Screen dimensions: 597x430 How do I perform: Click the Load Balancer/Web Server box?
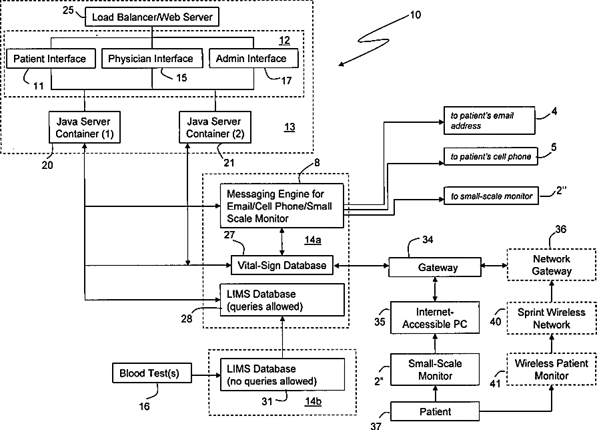152,17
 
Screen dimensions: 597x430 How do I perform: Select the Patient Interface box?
51,58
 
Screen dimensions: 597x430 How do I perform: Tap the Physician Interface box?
152,58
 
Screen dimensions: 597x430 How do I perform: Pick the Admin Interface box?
253,58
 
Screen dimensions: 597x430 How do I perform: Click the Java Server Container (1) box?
85,128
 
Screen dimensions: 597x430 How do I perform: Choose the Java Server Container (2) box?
215,128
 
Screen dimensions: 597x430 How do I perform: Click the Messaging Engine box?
282,206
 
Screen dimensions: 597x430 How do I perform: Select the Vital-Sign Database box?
282,265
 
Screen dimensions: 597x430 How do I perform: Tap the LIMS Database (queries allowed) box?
282,300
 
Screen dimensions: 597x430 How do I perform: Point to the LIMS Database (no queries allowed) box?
283,375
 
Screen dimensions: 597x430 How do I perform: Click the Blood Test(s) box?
152,373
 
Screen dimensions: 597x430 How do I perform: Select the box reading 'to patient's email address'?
489,120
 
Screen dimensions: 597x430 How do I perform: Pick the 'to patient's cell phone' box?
491,156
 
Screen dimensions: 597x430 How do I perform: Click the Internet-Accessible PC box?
435,318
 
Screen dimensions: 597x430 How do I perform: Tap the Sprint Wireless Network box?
552,318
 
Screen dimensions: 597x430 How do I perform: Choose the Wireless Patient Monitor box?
552,369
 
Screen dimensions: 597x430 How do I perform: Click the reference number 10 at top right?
416,15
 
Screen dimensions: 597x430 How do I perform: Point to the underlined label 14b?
313,401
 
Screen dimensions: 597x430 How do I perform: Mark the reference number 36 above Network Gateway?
560,229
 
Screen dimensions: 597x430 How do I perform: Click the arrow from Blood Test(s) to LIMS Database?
206,375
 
